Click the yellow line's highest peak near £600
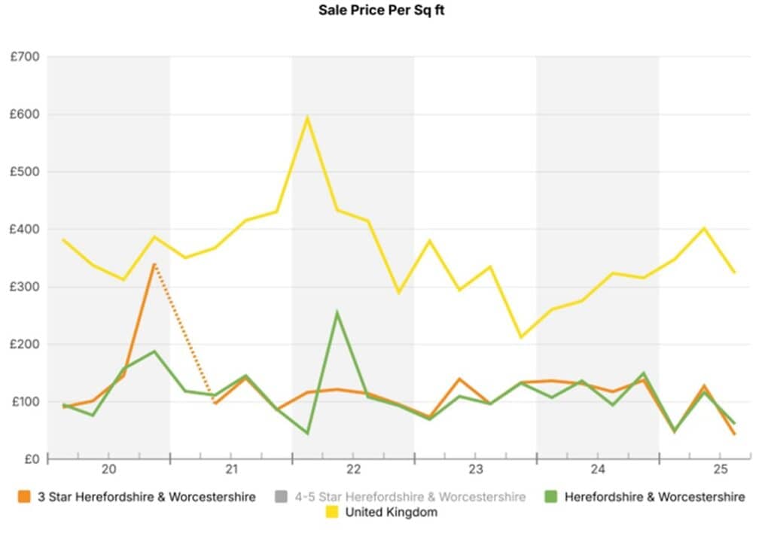point(307,117)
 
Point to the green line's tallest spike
point(337,312)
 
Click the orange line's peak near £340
point(154,264)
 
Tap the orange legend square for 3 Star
point(25,497)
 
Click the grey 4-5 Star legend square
point(282,497)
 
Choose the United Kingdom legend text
point(392,513)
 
